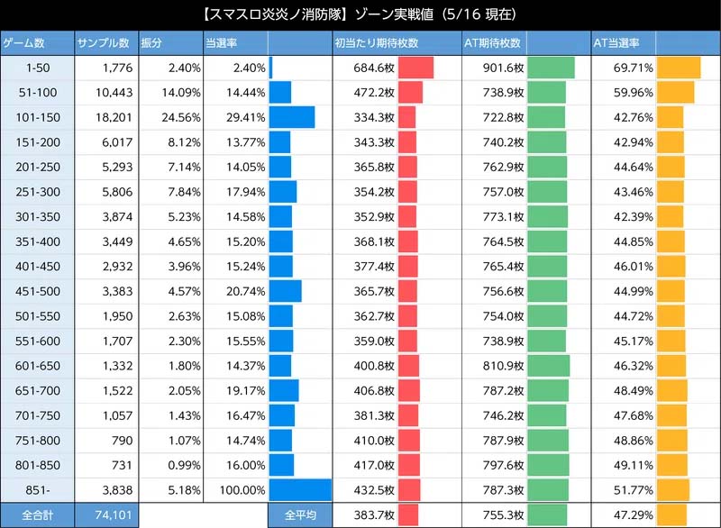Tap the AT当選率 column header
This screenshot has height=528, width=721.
(616, 43)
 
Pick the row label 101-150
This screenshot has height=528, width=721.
(36, 117)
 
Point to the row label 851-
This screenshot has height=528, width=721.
(36, 489)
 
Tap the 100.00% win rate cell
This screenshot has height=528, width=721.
(236, 489)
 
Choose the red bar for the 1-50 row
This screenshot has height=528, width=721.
(415, 68)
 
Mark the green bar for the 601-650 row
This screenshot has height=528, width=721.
(548, 366)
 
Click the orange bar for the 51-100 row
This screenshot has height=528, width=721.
(676, 93)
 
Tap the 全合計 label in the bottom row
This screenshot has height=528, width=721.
(36, 514)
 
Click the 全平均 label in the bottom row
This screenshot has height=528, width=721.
(299, 514)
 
